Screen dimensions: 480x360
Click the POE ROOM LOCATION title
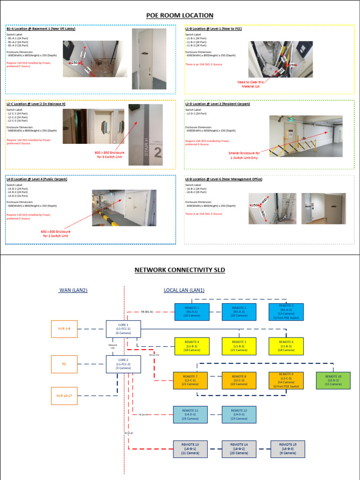[x=180, y=15]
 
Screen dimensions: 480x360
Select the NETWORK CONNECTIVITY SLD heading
[x=180, y=270]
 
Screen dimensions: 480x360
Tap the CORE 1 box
[x=123, y=329]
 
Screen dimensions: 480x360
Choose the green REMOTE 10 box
[x=333, y=380]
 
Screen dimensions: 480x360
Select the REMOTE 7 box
[x=190, y=380]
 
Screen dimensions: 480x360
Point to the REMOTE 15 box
[x=287, y=449]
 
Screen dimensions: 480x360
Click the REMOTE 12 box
[x=239, y=414]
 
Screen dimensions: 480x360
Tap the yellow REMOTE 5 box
[x=239, y=346]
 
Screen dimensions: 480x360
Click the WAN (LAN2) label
[x=73, y=290]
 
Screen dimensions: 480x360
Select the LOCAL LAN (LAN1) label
[x=184, y=290]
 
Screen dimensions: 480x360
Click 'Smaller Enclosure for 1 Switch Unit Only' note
[x=243, y=156]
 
